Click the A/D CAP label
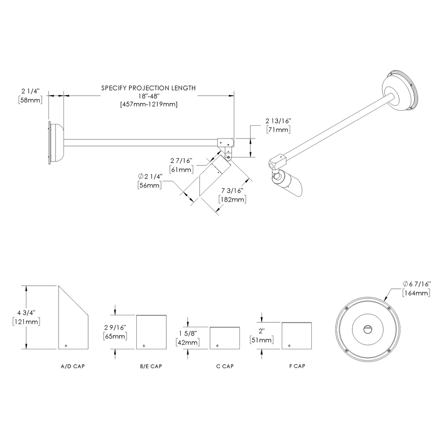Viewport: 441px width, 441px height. click(x=72, y=366)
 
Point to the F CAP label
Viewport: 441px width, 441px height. click(x=296, y=366)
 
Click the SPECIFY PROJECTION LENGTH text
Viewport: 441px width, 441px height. click(x=148, y=88)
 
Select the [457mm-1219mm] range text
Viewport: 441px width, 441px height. click(x=148, y=105)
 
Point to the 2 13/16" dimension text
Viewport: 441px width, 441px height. click(x=279, y=120)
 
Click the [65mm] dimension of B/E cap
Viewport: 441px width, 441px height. click(x=115, y=336)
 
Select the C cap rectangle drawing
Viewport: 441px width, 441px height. click(x=225, y=338)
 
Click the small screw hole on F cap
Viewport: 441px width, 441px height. click(x=290, y=345)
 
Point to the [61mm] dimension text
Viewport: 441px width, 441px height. click(x=181, y=169)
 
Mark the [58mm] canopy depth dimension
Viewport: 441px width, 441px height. click(x=30, y=101)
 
